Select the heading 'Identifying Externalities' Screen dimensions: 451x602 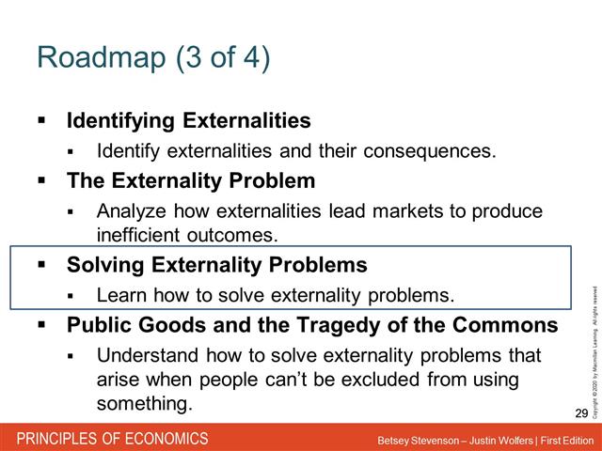pyautogui.click(x=188, y=121)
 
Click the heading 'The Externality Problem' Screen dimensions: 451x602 pyautogui.click(x=190, y=180)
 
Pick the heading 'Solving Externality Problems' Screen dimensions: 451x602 pyautogui.click(x=216, y=265)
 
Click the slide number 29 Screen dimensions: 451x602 pyautogui.click(x=579, y=413)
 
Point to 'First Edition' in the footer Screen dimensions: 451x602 pyautogui.click(x=565, y=440)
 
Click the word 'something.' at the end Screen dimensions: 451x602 pyautogui.click(x=144, y=403)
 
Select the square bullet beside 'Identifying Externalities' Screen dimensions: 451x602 pyautogui.click(x=41, y=121)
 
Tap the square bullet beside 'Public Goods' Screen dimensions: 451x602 pyautogui.click(x=41, y=325)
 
